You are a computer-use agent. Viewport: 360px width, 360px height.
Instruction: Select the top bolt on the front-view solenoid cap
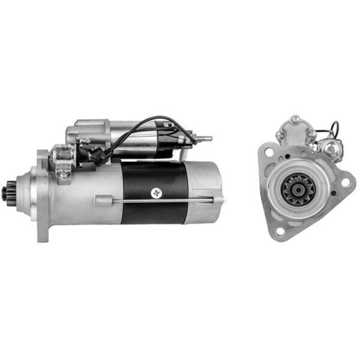coord(295,121)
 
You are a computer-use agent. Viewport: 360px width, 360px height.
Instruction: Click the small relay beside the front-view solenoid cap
coord(329,146)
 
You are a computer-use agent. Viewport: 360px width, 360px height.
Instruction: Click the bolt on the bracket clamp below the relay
coord(63,174)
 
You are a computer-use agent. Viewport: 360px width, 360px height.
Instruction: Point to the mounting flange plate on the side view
coord(43,196)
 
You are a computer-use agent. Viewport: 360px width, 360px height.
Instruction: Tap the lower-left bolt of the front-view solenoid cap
coord(281,136)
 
